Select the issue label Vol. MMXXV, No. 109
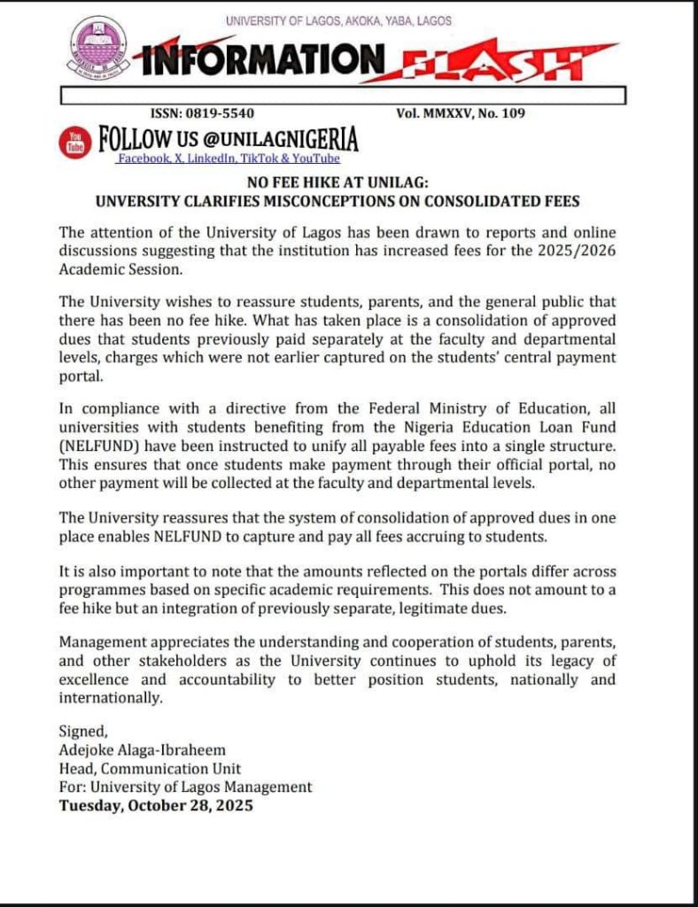pyautogui.click(x=467, y=112)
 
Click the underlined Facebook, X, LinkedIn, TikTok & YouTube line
pyautogui.click(x=229, y=159)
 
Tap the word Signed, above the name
pyautogui.click(x=82, y=731)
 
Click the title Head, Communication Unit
pyautogui.click(x=149, y=768)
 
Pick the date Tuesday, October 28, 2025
pyautogui.click(x=156, y=806)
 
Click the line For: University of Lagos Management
pyautogui.click(x=185, y=787)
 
